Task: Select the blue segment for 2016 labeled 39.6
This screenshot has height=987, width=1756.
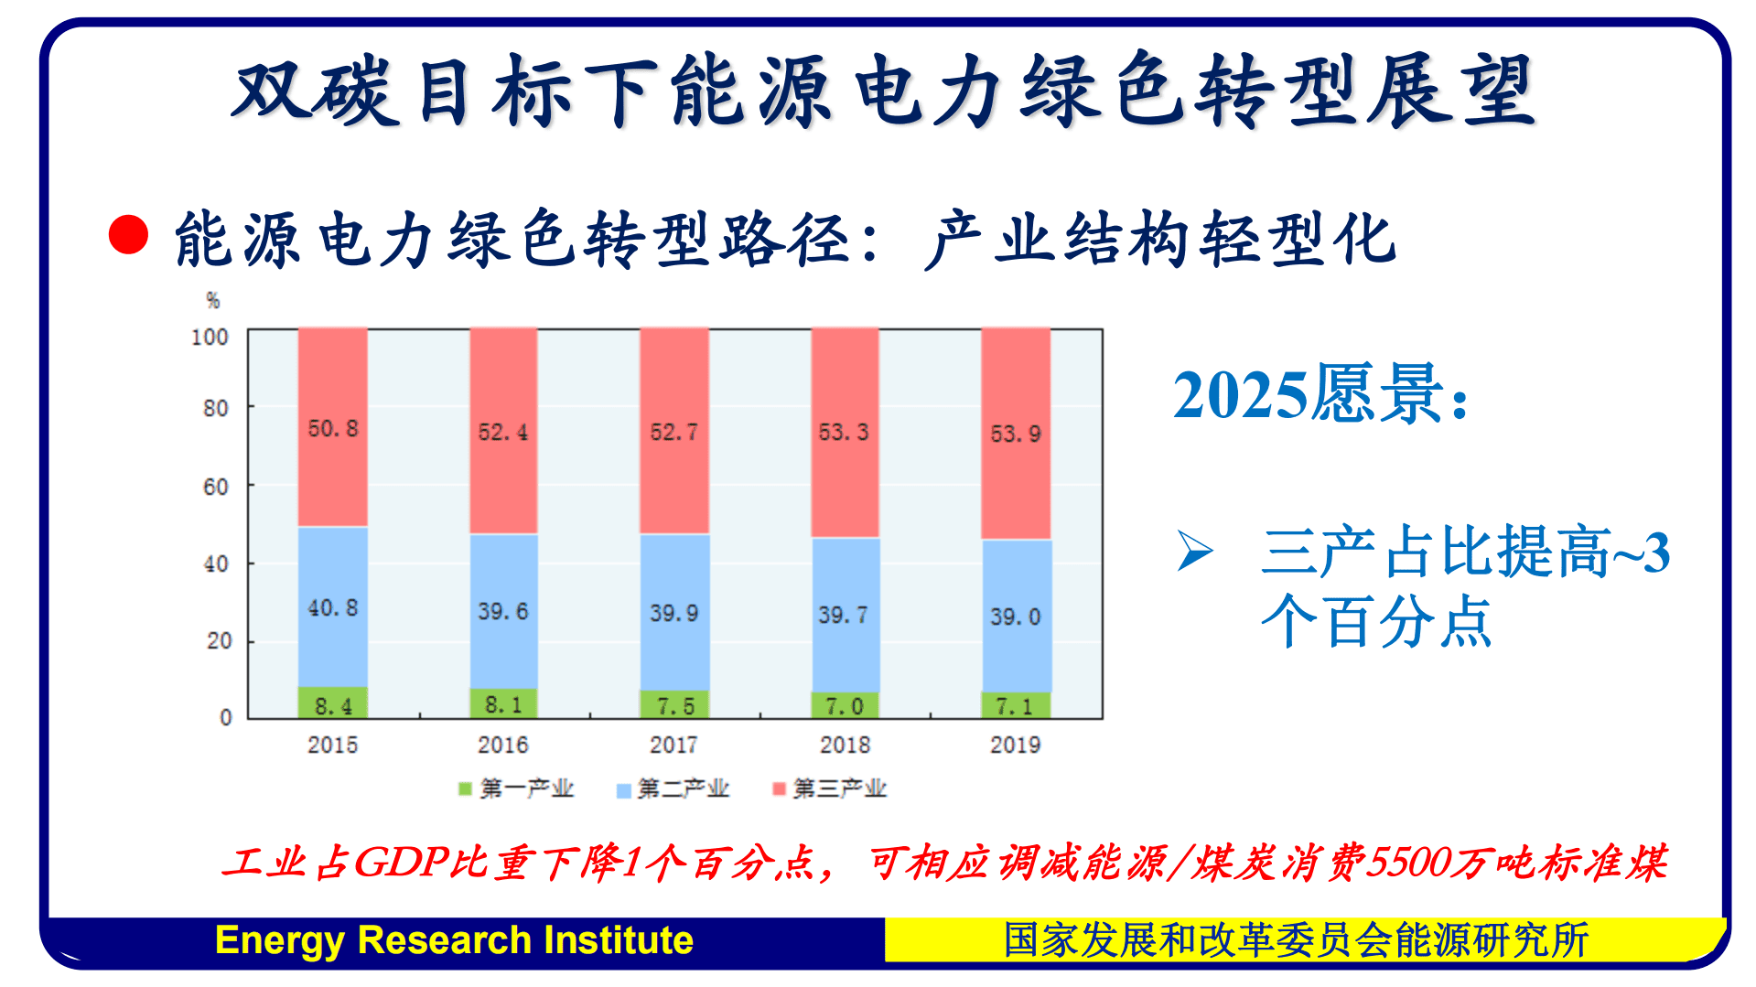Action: pyautogui.click(x=503, y=611)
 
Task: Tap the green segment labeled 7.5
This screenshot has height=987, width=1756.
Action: pyautogui.click(x=674, y=705)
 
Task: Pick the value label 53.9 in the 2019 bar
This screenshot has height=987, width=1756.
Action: pyautogui.click(x=1016, y=434)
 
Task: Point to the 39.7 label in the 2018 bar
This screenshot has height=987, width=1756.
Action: pyautogui.click(x=844, y=615)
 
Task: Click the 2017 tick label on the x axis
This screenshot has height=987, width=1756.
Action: pyautogui.click(x=673, y=745)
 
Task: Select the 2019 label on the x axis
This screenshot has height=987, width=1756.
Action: pyautogui.click(x=1015, y=745)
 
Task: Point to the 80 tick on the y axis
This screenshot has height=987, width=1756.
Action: pyautogui.click(x=216, y=408)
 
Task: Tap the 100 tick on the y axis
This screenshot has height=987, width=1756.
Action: pyautogui.click(x=210, y=337)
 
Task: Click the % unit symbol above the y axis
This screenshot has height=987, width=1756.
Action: pyautogui.click(x=213, y=300)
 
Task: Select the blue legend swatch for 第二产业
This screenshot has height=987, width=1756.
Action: pyautogui.click(x=624, y=789)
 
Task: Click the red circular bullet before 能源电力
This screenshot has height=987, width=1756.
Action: pyautogui.click(x=128, y=234)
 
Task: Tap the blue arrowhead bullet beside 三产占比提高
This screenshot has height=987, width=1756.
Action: pyautogui.click(x=1194, y=551)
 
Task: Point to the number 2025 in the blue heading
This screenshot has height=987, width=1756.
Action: pyautogui.click(x=1240, y=395)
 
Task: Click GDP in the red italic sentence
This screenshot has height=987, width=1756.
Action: pyautogui.click(x=401, y=862)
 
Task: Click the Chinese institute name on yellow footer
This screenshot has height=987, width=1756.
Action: pyautogui.click(x=1296, y=940)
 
